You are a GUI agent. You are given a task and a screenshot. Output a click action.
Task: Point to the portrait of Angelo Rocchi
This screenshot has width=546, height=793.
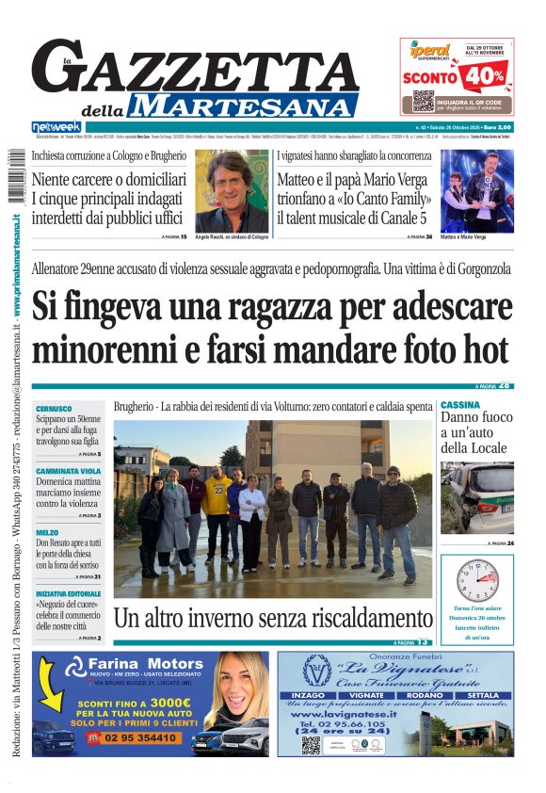(232, 189)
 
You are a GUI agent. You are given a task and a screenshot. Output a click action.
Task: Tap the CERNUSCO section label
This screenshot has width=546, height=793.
(54, 409)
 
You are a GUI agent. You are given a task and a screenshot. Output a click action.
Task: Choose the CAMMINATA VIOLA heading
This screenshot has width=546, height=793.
(68, 470)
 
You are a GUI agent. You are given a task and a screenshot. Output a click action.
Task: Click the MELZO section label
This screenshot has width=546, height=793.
(47, 532)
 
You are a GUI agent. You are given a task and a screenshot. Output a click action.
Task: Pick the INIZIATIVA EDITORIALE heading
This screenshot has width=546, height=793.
(69, 594)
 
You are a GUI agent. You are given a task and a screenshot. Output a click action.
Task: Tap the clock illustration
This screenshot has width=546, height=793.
(476, 581)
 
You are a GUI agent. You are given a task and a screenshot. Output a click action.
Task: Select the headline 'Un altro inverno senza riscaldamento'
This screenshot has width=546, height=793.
(272, 619)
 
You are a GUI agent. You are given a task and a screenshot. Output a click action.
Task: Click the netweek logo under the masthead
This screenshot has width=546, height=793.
(56, 127)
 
